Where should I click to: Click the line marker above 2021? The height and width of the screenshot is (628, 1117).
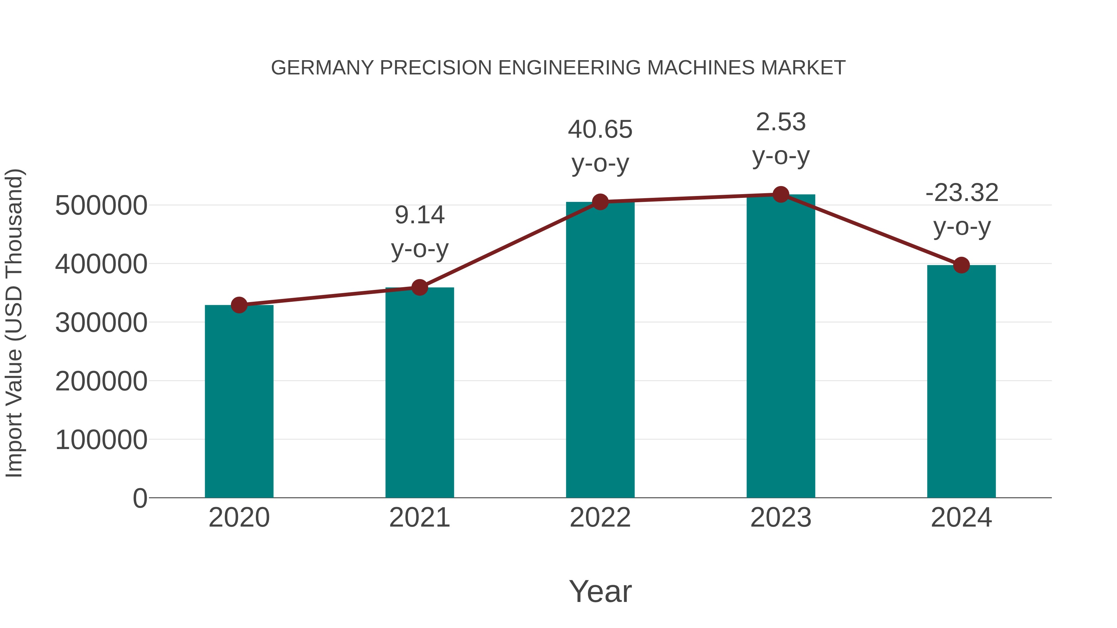(419, 287)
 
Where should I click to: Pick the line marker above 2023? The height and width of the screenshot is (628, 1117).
(781, 194)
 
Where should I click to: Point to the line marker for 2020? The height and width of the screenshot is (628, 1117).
(239, 305)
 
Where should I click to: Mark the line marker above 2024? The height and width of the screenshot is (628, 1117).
(961, 265)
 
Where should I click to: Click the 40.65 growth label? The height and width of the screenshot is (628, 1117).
(600, 130)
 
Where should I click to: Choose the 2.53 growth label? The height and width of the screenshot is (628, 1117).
(781, 122)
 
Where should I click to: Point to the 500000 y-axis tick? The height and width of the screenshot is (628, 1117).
(101, 205)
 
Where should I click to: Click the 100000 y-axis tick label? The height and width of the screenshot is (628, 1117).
(101, 440)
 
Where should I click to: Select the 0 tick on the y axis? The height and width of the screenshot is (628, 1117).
(140, 498)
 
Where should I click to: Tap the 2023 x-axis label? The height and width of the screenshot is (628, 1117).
(781, 518)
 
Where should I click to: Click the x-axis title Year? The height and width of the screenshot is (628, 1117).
(600, 591)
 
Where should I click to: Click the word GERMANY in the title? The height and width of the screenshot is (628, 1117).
(322, 68)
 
